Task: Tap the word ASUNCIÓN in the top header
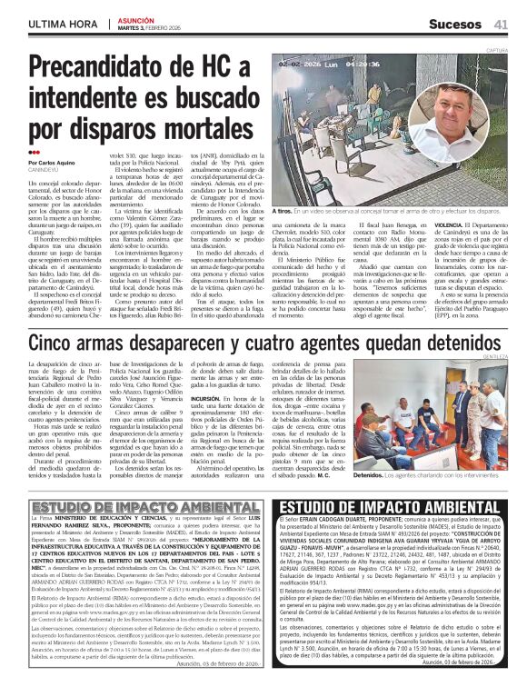[x=136, y=18]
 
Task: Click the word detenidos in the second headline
[x=449, y=318]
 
